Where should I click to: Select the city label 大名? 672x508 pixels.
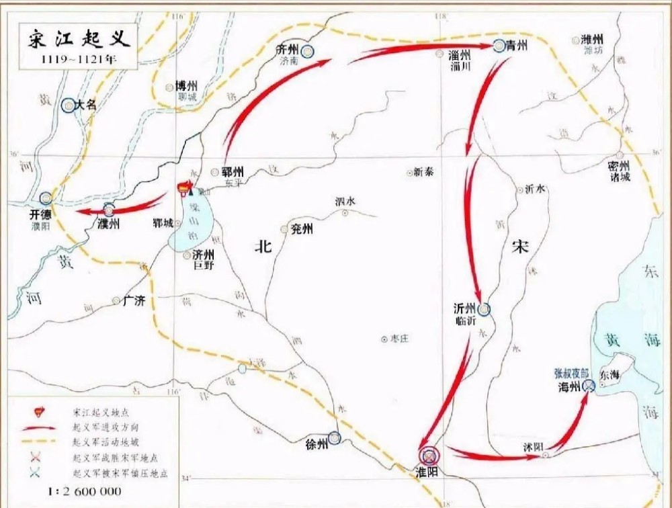point(87,105)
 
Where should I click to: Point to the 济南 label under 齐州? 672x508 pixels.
point(291,60)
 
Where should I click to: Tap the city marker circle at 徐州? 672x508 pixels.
point(335,438)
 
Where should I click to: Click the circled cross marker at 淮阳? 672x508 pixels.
point(428,456)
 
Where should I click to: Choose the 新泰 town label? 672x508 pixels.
point(423,172)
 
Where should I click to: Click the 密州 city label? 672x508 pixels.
point(618,165)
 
